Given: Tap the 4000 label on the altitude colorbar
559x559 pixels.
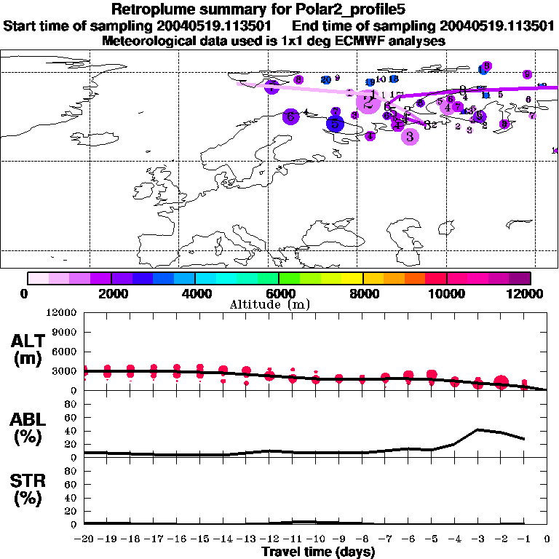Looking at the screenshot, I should [x=195, y=293].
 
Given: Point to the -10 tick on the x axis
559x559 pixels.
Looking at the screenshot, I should [x=315, y=539].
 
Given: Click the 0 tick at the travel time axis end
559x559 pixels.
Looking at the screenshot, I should [x=547, y=539].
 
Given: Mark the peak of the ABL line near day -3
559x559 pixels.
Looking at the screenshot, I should [x=477, y=429].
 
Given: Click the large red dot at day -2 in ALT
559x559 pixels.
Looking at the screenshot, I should [x=501, y=383].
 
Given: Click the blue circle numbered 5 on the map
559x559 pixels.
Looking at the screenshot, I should [x=335, y=124].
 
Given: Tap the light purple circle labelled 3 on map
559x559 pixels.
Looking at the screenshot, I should [x=410, y=135].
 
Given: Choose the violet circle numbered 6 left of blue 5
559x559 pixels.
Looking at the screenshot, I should [x=290, y=116].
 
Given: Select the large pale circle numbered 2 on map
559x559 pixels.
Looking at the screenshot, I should [x=369, y=103].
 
